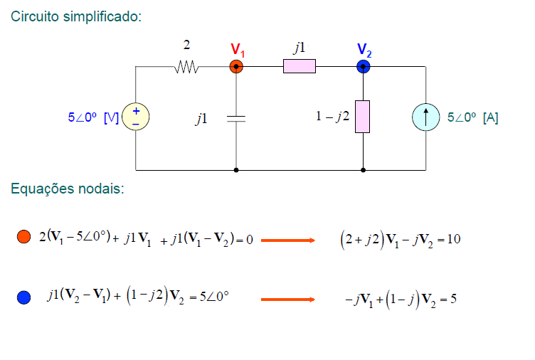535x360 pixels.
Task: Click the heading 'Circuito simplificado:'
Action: (76, 16)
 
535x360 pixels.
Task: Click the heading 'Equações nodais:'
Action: (68, 189)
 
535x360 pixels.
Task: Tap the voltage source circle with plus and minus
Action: (135, 117)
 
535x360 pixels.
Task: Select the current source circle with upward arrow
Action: (426, 117)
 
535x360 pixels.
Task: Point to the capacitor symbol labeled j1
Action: (235, 119)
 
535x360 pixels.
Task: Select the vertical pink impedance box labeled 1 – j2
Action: (363, 117)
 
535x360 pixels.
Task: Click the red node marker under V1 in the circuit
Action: (236, 67)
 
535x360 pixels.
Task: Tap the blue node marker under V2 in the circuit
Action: (363, 67)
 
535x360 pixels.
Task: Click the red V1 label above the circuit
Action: (238, 50)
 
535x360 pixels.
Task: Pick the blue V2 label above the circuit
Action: (364, 50)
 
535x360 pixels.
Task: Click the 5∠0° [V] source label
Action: (92, 118)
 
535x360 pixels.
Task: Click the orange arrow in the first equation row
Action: (287, 240)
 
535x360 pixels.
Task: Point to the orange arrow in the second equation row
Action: (287, 300)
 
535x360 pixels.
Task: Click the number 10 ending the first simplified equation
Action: (454, 239)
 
